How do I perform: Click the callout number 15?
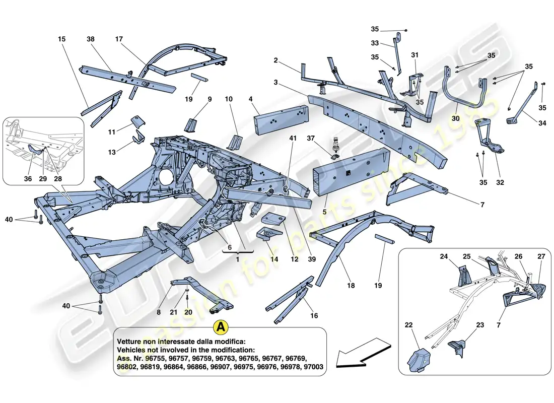click(x=61, y=39)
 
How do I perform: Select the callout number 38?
click(x=91, y=39)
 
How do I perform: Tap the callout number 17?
click(x=119, y=39)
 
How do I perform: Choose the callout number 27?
click(x=541, y=256)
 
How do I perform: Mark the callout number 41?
click(x=293, y=138)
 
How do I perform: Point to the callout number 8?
click(x=158, y=312)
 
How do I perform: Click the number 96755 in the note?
click(x=152, y=358)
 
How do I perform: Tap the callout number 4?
click(x=250, y=99)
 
